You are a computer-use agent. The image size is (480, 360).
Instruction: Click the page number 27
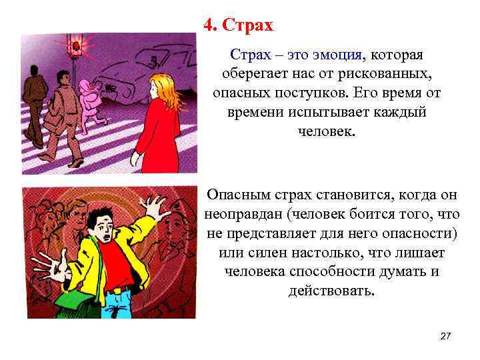coord(445,337)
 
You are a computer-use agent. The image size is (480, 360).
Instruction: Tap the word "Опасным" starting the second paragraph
coord(235,195)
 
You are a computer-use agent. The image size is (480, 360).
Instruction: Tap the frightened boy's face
coord(100,227)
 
